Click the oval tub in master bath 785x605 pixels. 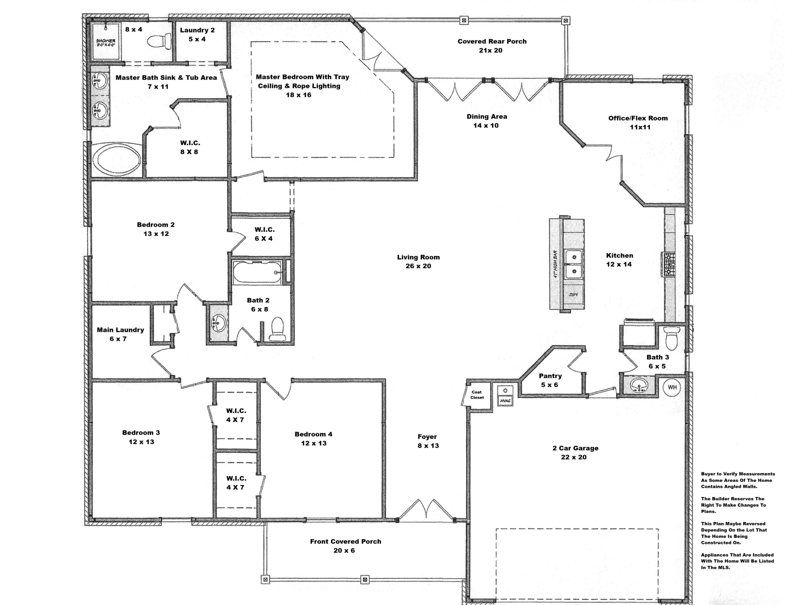tap(117, 160)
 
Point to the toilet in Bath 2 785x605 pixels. tap(277, 329)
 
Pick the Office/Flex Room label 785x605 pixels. tap(638, 118)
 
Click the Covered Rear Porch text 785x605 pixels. tap(492, 41)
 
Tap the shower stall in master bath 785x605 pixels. tap(106, 41)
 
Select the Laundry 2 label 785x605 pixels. tap(197, 30)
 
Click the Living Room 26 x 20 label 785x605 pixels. tap(418, 261)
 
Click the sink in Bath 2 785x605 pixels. tap(218, 323)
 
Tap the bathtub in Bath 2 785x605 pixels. tap(257, 272)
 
